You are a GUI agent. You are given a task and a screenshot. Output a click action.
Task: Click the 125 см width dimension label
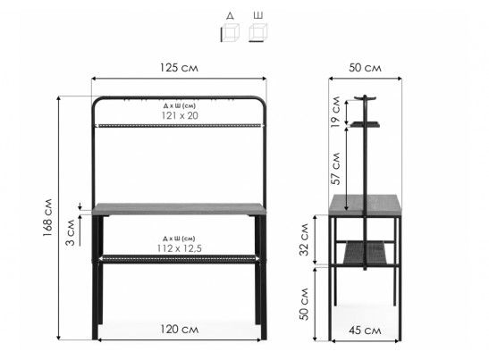tap(179, 68)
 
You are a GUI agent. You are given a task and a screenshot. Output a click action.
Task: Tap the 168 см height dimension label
tap(47, 217)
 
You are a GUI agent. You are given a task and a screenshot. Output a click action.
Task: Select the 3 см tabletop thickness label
tap(71, 232)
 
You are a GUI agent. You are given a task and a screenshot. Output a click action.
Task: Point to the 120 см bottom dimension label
tap(180, 329)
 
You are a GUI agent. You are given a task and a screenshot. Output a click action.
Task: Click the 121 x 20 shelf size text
tap(180, 115)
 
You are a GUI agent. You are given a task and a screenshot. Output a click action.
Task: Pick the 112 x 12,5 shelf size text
tap(180, 248)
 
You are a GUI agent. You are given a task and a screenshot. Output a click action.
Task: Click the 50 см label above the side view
tap(365, 68)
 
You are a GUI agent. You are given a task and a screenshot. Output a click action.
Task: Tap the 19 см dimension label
tap(335, 112)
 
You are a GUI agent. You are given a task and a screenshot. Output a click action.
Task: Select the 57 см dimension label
tap(336, 169)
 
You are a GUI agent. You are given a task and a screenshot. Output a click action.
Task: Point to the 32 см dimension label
tap(304, 239)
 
